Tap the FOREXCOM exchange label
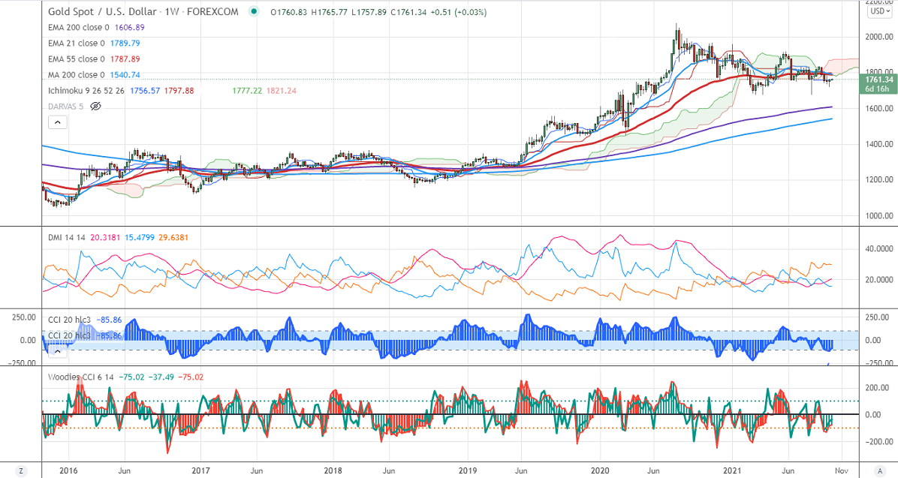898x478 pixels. click(214, 12)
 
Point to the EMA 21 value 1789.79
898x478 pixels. click(125, 43)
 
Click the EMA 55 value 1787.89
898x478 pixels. click(125, 59)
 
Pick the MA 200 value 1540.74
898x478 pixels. click(125, 74)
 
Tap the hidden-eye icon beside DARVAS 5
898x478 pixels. click(95, 106)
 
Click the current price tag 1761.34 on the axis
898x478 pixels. click(877, 80)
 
